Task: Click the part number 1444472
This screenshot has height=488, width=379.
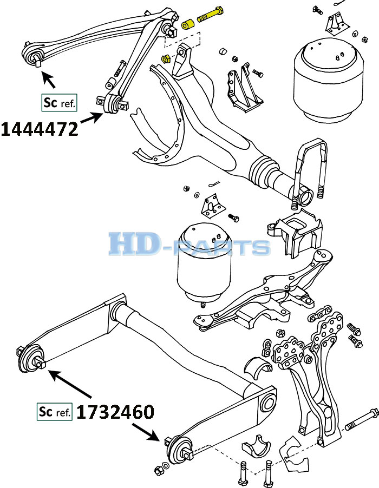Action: click(40, 129)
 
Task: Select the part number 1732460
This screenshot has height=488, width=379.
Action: click(115, 412)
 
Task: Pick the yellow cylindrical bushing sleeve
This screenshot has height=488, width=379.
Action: click(188, 24)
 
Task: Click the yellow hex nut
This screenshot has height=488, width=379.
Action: click(165, 58)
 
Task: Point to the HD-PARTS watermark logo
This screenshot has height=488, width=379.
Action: click(190, 245)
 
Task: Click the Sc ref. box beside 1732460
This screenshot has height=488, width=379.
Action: click(55, 412)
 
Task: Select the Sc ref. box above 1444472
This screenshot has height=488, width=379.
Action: click(59, 102)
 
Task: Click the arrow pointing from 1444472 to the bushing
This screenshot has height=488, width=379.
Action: click(92, 118)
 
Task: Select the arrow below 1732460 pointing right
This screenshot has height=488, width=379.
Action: click(146, 432)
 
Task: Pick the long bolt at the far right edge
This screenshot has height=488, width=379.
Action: click(362, 420)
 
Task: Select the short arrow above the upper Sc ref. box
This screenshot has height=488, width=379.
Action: click(49, 80)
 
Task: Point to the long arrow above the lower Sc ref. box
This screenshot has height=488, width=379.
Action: click(70, 384)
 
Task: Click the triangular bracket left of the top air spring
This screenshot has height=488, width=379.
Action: click(245, 88)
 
